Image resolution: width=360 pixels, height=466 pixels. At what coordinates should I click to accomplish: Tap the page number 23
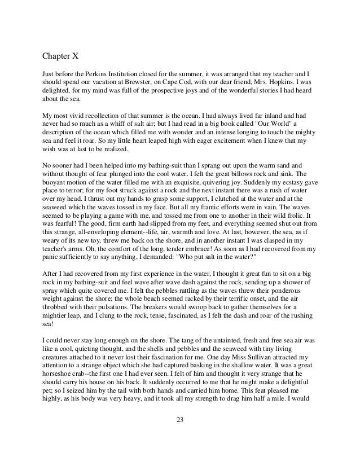click(x=181, y=436)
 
